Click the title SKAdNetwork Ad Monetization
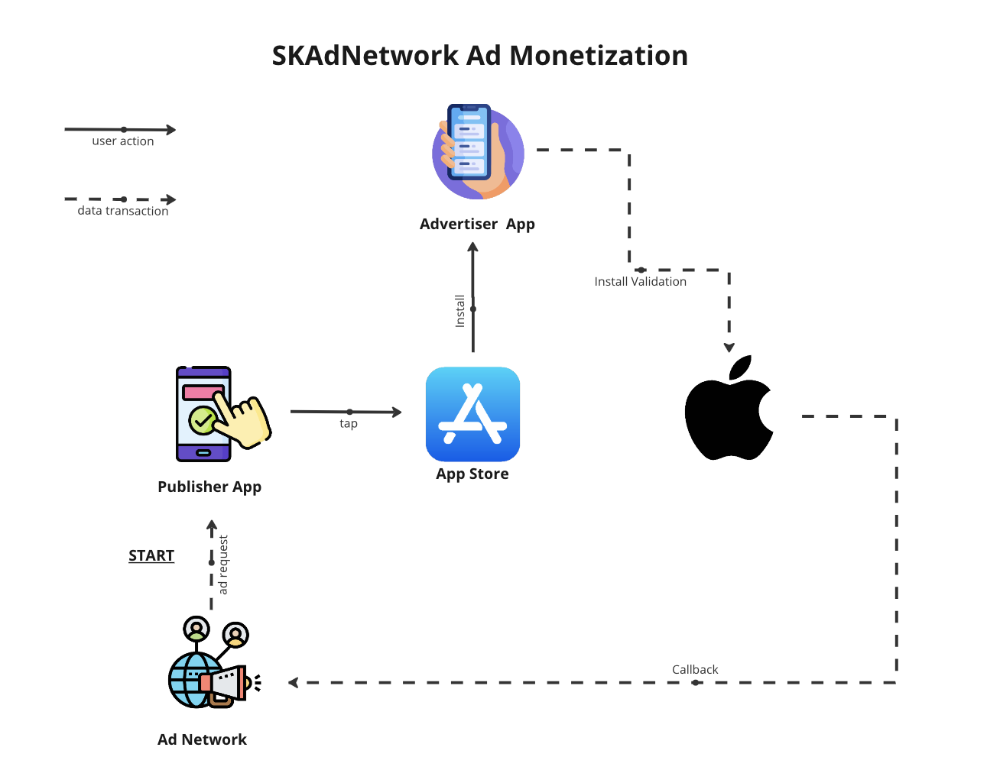480,56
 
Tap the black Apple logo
729,410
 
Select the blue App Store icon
472,414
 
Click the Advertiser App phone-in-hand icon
478,152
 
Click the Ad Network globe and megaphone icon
213,664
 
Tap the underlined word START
151,555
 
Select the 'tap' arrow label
349,423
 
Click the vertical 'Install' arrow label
460,311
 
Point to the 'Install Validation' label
640,281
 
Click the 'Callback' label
695,669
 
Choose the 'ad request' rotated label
223,565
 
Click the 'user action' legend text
123,141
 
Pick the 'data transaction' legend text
123,211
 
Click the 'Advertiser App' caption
477,224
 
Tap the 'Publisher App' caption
209,487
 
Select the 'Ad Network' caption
202,739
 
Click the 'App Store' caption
472,474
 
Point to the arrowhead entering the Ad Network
293,682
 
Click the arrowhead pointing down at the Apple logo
729,348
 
